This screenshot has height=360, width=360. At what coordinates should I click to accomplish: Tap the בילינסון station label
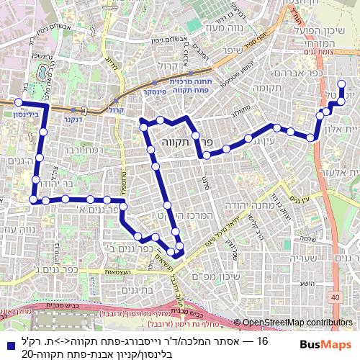pyautogui.click(x=26, y=113)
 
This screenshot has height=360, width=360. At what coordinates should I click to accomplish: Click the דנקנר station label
pyautogui.click(x=71, y=119)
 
